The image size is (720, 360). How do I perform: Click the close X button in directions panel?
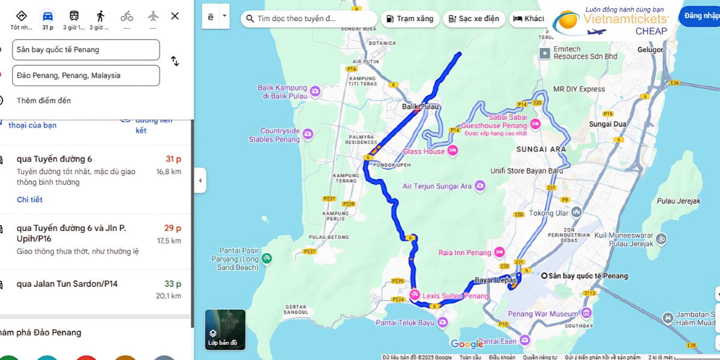tap(175, 16)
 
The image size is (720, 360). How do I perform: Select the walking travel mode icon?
tap(100, 16)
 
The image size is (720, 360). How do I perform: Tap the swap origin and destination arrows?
tap(175, 61)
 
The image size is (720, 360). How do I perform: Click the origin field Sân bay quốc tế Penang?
tap(86, 50)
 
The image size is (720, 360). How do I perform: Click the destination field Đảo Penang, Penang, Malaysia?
tap(86, 76)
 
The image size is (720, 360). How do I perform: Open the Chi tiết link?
tap(29, 200)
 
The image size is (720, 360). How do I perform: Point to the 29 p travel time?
tap(173, 228)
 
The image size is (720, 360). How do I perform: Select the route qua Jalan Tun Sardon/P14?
tap(67, 284)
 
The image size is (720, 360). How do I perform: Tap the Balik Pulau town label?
tap(421, 107)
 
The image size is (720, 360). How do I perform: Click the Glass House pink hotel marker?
tap(452, 151)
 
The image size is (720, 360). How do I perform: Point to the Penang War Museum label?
tap(543, 314)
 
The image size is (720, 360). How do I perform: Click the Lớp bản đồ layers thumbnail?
tap(225, 329)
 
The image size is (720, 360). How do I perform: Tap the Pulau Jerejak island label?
tap(678, 202)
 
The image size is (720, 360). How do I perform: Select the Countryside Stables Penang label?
tap(274, 135)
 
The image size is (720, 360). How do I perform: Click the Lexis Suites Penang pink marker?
tap(415, 295)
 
